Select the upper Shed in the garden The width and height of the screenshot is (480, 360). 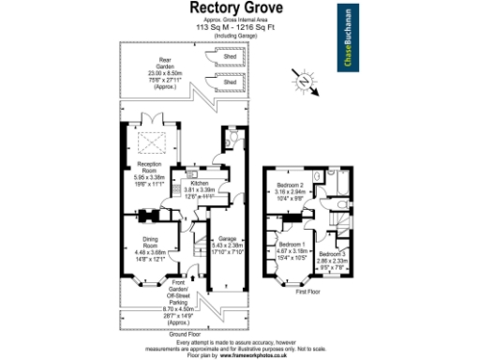tap(228, 57)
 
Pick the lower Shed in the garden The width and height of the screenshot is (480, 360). tap(228, 82)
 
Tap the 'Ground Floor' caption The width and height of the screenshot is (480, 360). tap(187, 334)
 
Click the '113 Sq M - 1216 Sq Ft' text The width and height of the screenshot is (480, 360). tap(239, 29)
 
